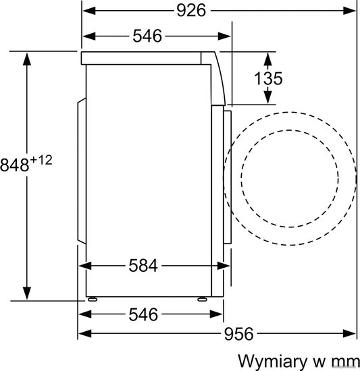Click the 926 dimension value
tap(191, 11)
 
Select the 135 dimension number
tap(268, 78)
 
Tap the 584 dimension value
tap(143, 266)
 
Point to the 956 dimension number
tap(238, 334)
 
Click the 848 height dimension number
tap(14, 165)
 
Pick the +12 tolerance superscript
tap(41, 160)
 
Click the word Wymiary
tap(272, 362)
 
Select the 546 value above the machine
tap(147, 36)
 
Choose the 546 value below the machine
tap(143, 314)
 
